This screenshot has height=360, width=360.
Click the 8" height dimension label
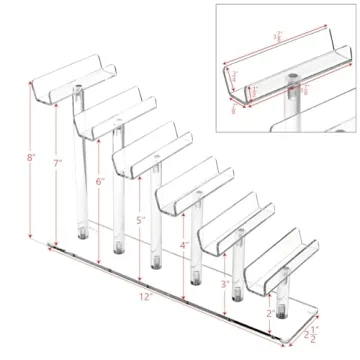(31, 158)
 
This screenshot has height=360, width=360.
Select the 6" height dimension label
(99, 183)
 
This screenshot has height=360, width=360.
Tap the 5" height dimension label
(141, 219)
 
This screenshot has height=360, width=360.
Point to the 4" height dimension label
(184, 245)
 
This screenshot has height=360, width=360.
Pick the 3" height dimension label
(225, 284)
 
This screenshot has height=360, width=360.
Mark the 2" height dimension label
(267, 312)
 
